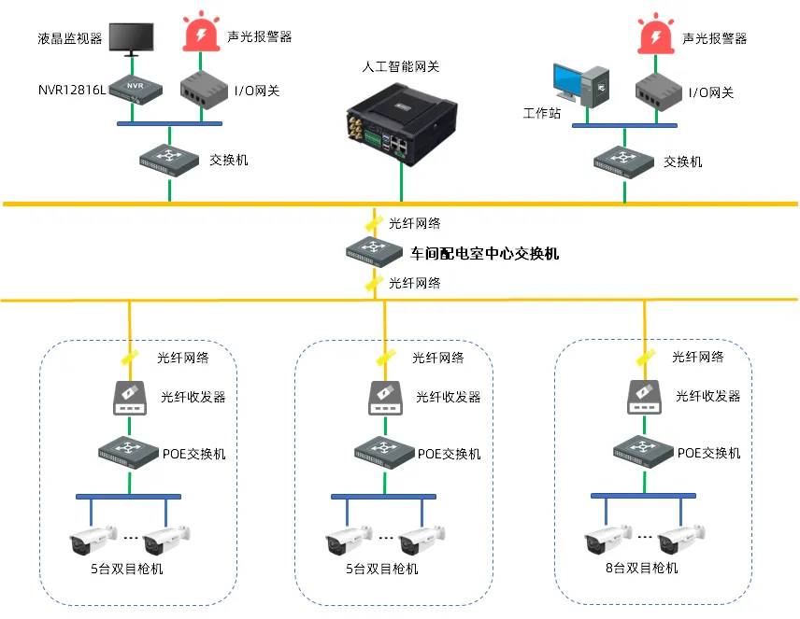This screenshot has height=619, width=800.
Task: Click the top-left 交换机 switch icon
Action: pos(170,158)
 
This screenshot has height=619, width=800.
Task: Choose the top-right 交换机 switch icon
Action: pos(623,159)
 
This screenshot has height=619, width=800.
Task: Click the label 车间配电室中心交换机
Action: pos(485,253)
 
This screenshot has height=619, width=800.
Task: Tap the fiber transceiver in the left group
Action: pos(129,398)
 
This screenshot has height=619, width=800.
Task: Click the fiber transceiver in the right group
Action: pos(644,398)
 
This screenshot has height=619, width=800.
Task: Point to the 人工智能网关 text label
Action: pos(401,67)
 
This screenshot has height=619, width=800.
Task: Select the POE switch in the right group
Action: pos(644,452)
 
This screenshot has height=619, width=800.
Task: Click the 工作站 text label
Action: pos(542,113)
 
